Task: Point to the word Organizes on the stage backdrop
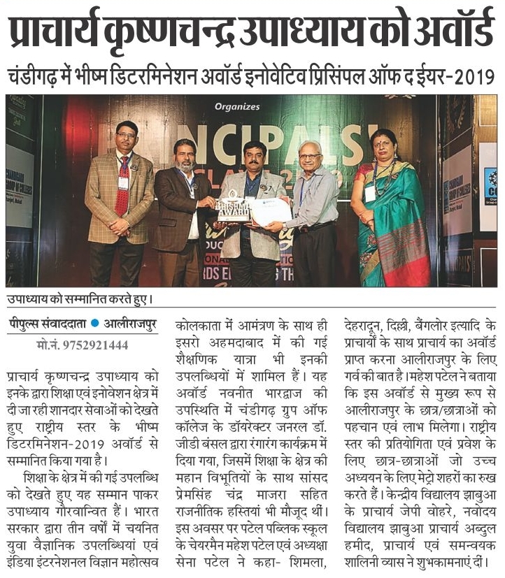click(x=237, y=107)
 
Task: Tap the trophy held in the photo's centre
click(x=233, y=204)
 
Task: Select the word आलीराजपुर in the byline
click(x=132, y=326)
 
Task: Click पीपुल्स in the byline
click(x=27, y=326)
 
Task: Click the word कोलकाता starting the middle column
click(x=206, y=325)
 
